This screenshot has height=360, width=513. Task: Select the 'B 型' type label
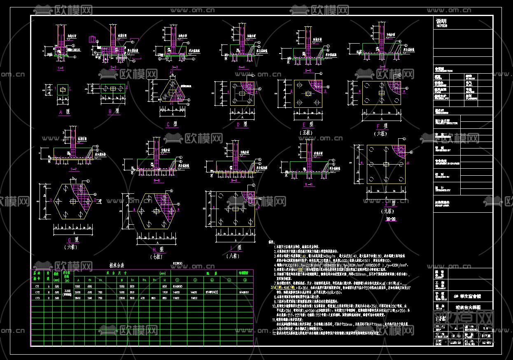point(113,111)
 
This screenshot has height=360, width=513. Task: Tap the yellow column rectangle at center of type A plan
point(62,89)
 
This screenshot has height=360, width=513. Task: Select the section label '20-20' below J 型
point(390,219)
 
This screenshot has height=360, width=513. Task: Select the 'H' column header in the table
point(165,280)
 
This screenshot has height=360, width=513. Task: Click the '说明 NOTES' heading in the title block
point(441,23)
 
